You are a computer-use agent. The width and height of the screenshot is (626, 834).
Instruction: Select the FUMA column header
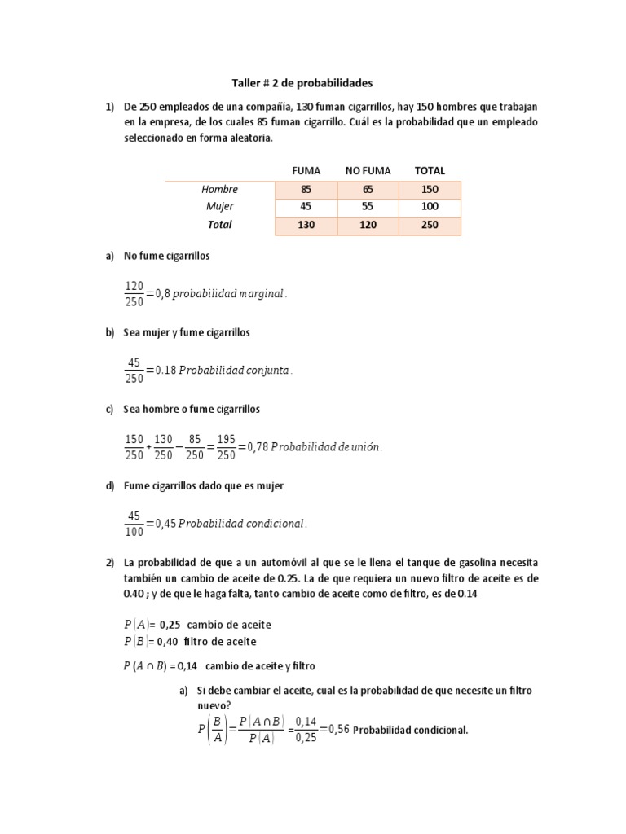[306, 170]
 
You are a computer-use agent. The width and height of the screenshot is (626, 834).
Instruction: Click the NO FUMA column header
[368, 170]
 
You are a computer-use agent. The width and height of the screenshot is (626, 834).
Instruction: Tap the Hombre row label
[220, 190]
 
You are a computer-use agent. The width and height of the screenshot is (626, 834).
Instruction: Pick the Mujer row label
[220, 207]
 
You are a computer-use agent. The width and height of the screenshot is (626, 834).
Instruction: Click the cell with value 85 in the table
[306, 190]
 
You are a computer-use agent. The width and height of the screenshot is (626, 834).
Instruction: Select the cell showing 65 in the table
[368, 190]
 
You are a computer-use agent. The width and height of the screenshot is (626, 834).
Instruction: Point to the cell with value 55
[368, 207]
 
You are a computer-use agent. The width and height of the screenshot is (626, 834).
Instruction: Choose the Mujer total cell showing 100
[430, 207]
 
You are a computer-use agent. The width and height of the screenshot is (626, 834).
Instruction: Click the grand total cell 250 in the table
[430, 225]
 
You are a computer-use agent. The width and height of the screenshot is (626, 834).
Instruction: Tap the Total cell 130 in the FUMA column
[306, 225]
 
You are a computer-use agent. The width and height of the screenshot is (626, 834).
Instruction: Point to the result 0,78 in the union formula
[254, 447]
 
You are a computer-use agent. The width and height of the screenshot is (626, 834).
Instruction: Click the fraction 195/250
[227, 447]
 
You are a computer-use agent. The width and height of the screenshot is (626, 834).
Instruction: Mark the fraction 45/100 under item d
[134, 524]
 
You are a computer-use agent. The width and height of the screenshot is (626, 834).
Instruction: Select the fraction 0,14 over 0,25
[306, 730]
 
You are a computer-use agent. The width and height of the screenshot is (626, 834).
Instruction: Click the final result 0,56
[337, 730]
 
